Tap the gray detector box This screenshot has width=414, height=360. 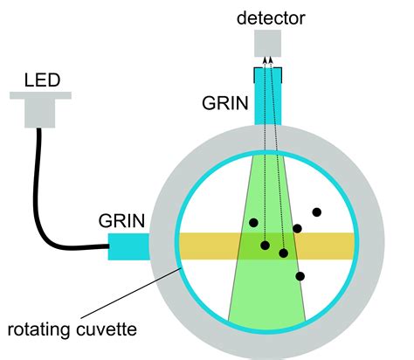click(x=269, y=42)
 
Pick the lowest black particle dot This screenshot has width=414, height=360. click(x=300, y=276)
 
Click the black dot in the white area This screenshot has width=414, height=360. click(x=316, y=211)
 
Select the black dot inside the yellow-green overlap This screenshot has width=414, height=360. click(x=283, y=253)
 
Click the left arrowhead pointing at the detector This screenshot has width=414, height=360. click(x=265, y=59)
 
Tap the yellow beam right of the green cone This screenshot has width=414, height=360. click(x=328, y=246)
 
